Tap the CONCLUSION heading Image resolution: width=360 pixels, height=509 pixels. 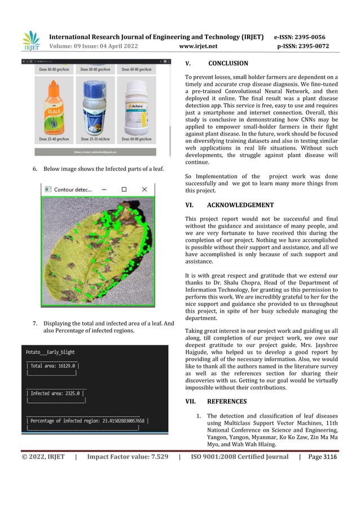228,64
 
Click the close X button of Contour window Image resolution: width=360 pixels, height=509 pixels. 144,190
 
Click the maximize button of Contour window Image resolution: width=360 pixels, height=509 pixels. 124,190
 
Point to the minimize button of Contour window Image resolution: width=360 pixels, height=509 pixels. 104,190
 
